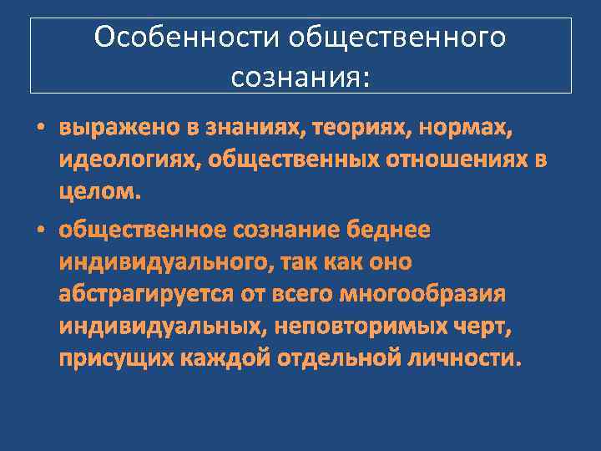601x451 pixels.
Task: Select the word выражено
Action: click(x=114, y=129)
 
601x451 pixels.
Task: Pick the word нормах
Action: click(x=466, y=129)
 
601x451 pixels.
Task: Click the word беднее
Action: click(x=396, y=230)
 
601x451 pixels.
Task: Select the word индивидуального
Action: click(x=164, y=262)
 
